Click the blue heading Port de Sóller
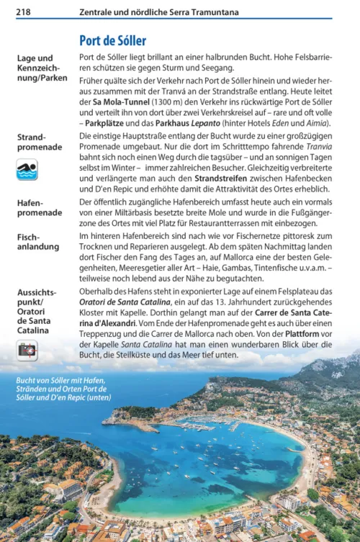point(112,40)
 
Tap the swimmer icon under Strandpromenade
point(27,170)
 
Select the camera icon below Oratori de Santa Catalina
point(27,351)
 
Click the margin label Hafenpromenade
point(39,208)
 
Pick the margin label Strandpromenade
point(39,142)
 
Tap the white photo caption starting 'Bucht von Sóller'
point(64,388)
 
